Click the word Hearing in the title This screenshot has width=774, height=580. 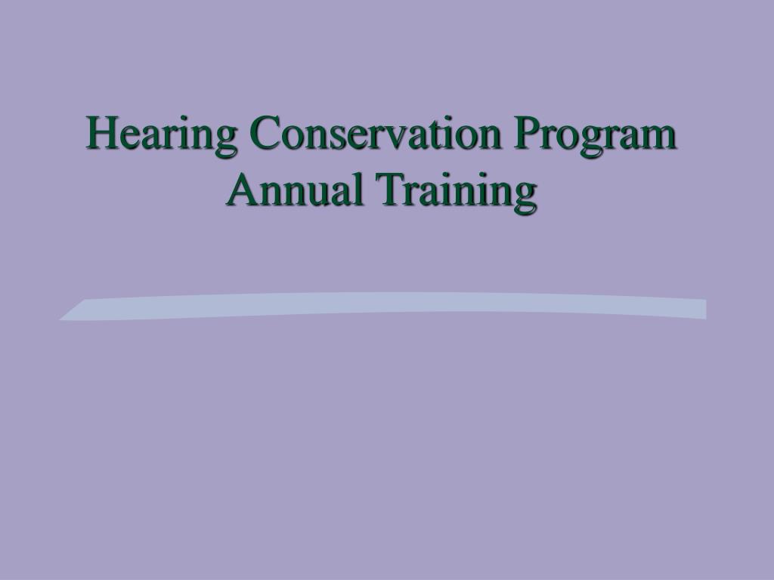[163, 135]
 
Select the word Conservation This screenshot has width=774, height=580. [376, 134]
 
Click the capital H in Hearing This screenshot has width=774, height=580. [101, 134]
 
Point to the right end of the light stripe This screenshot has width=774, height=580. [703, 309]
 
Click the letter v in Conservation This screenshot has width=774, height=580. [396, 137]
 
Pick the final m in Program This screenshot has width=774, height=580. [659, 137]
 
